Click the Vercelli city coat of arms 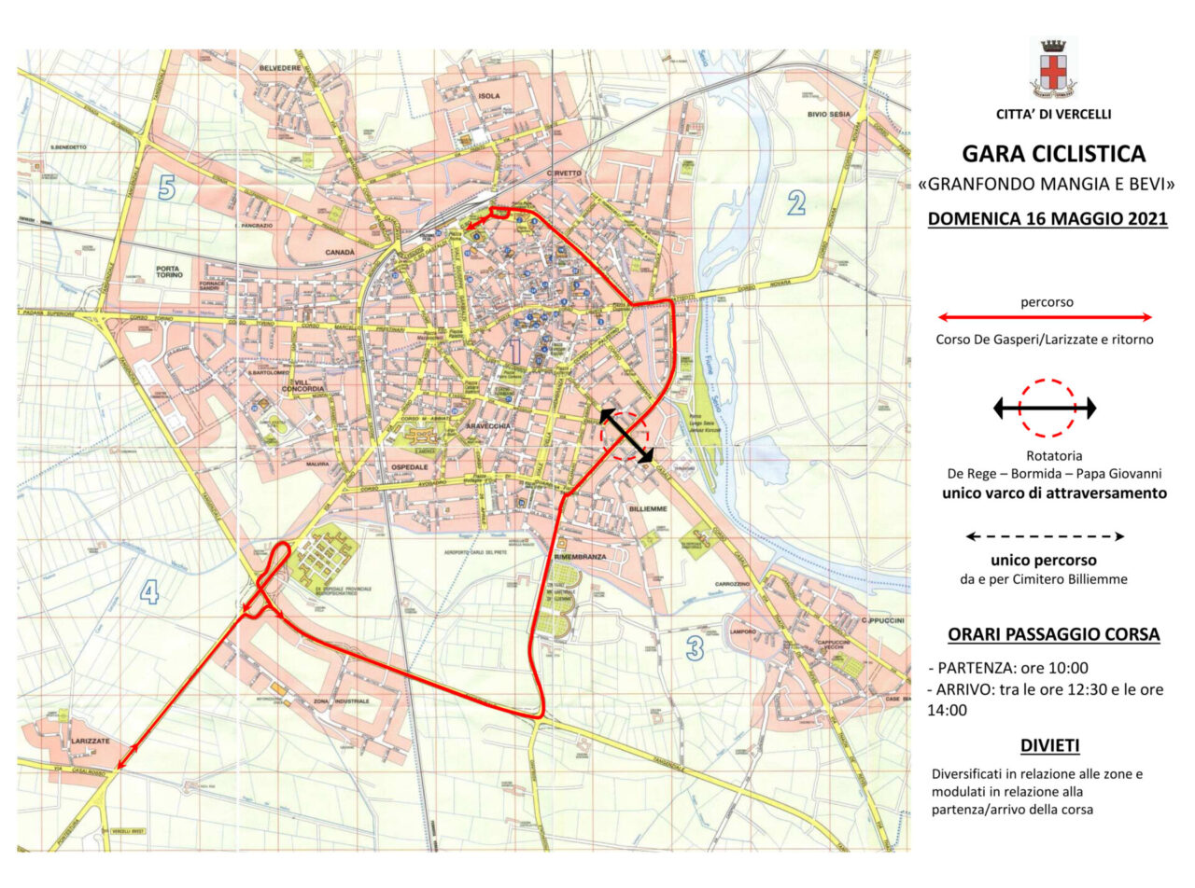pos(1052,68)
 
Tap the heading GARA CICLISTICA pos(1052,153)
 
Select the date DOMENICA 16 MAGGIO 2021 pos(1047,219)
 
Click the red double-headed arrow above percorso pos(1044,317)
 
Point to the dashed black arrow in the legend pos(1045,536)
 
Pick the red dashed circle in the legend pos(1047,408)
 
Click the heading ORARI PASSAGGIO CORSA pos(1053,634)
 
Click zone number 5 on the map pos(166,188)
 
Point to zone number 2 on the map pos(795,202)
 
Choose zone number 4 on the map pos(149,591)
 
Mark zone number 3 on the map pos(695,647)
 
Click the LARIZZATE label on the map pos(90,741)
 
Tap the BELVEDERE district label pos(281,68)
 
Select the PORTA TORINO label pos(174,271)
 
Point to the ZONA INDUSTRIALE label pos(343,701)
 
